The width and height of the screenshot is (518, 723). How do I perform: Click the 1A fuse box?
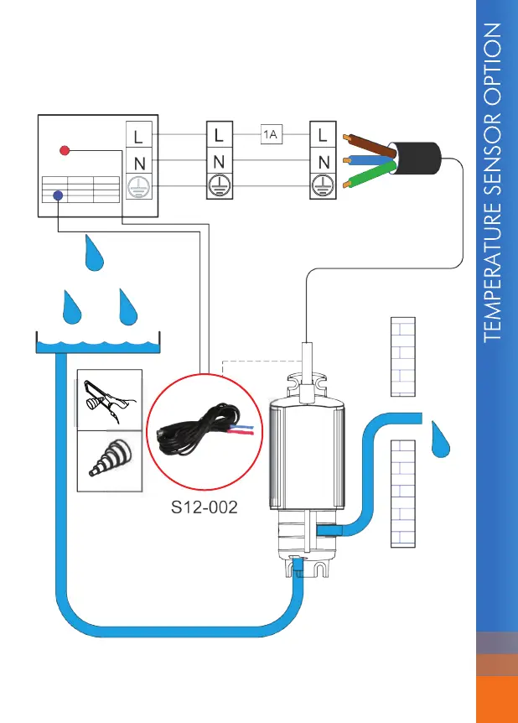pos(269,134)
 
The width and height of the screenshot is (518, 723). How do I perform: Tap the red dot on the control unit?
pos(65,151)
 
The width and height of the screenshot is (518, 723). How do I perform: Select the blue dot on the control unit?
pos(58,195)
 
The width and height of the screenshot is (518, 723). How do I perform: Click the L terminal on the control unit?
pos(137,134)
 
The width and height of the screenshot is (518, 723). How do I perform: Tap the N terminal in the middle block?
pos(219,160)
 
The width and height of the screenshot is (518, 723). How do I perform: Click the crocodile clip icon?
pos(109,401)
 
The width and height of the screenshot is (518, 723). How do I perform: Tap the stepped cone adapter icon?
pos(109,460)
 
